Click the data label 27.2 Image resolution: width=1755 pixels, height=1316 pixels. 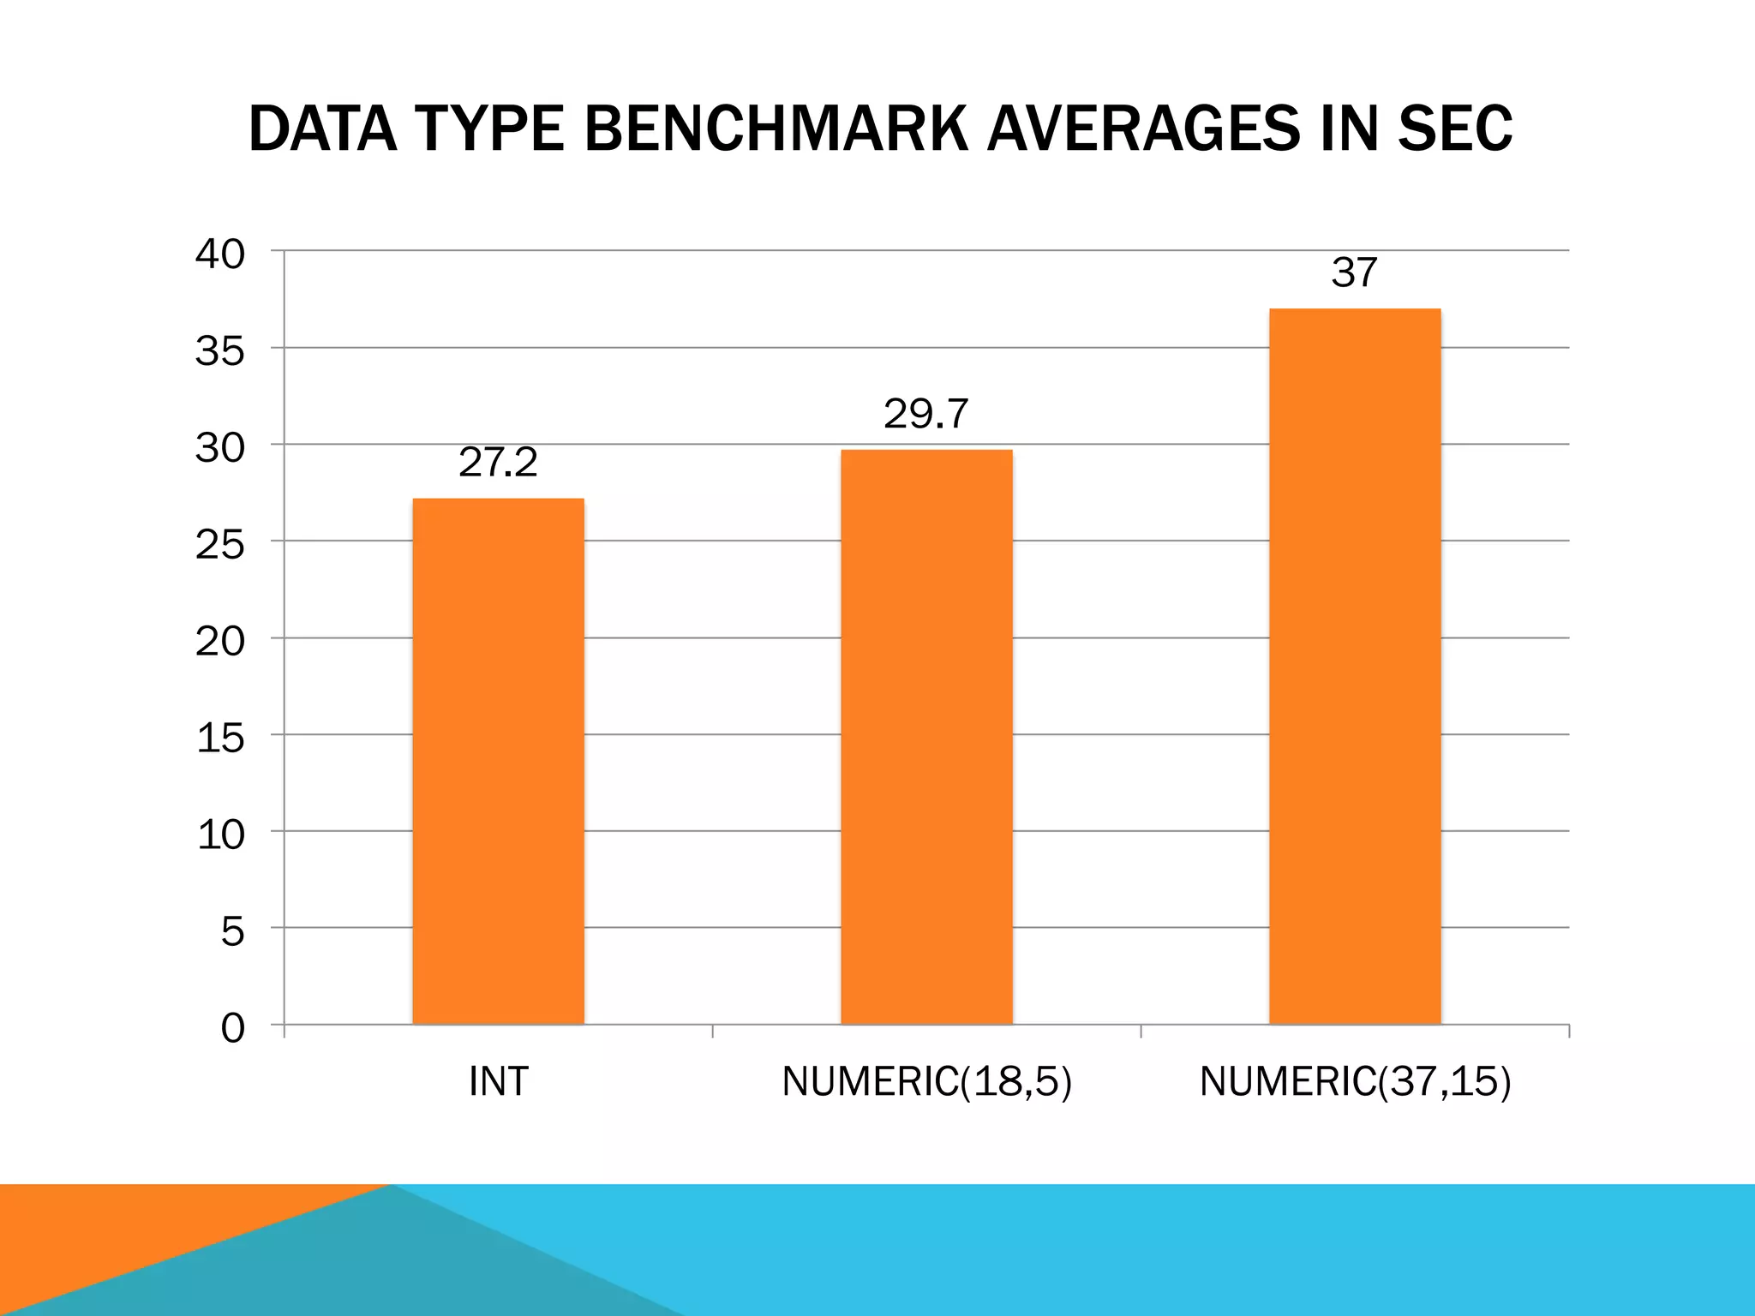[x=498, y=464]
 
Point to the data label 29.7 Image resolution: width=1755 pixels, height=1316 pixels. [x=925, y=415]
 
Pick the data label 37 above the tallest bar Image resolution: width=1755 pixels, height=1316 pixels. [x=1354, y=273]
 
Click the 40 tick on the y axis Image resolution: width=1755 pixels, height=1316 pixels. [x=220, y=254]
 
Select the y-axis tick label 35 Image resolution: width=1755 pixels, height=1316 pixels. [x=220, y=351]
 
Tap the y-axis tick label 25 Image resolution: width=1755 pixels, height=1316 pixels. [x=220, y=545]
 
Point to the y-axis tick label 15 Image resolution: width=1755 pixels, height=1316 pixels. [x=220, y=738]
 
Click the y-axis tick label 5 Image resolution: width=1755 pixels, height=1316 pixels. [x=232, y=931]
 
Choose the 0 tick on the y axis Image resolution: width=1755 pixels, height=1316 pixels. [x=232, y=1028]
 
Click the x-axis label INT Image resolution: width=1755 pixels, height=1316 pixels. [x=498, y=1082]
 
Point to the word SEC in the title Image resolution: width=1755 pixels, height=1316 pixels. [x=1454, y=129]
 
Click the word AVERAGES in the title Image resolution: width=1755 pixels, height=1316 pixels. [x=1144, y=129]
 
